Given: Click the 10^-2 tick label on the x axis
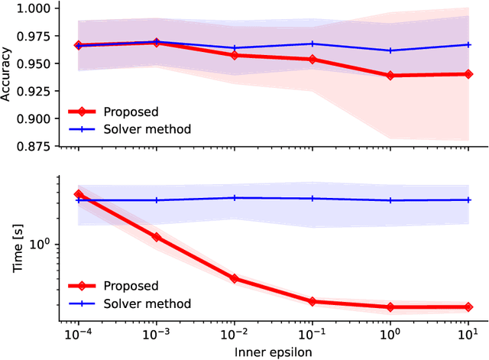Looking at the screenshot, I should tap(234, 335).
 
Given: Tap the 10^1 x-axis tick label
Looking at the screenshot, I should tap(468, 335).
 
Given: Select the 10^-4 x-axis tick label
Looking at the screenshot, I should tap(77, 335).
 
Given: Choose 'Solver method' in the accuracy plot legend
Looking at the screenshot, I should tap(150, 128).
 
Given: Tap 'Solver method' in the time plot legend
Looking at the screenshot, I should tap(150, 303).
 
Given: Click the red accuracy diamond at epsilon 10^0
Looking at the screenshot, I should tap(390, 76).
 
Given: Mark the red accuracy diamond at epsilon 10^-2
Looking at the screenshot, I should tap(235, 55).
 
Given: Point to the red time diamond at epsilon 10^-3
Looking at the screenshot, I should tap(157, 237).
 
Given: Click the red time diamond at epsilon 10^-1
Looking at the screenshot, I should tap(313, 301).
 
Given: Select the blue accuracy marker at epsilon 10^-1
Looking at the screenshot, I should tap(313, 44).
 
